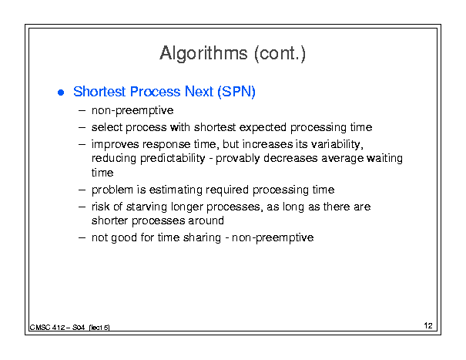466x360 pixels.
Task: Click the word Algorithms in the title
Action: [x=203, y=54]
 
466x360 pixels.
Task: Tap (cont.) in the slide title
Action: [x=280, y=54]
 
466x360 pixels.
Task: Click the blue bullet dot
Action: [x=61, y=93]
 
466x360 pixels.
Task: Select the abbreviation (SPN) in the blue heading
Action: [x=236, y=92]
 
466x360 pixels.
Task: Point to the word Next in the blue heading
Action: [x=199, y=91]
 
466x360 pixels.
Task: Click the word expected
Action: [x=263, y=128]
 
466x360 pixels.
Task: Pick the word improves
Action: [x=115, y=145]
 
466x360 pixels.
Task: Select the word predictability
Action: [x=173, y=159]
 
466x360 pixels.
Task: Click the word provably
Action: [x=238, y=159]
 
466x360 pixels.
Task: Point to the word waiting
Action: [x=384, y=159]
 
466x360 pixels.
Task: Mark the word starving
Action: [x=146, y=207]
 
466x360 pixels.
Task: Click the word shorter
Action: [x=110, y=220]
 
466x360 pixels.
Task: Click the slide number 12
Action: [x=428, y=325]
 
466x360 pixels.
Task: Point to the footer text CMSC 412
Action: [x=47, y=328]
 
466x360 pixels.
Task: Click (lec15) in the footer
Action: [x=99, y=328]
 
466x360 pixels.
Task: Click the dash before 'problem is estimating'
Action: [x=82, y=190]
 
